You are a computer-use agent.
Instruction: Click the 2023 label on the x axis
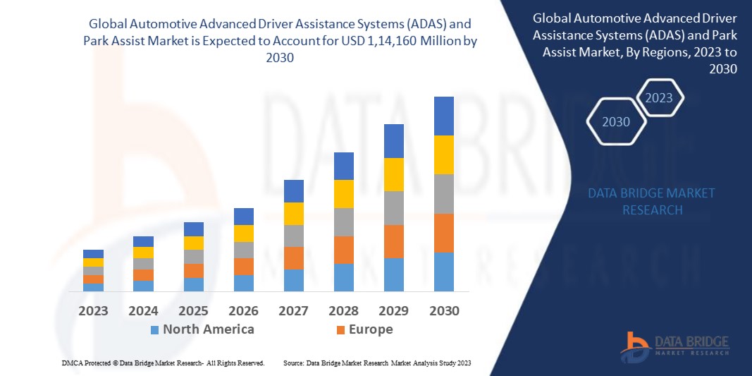(x=93, y=310)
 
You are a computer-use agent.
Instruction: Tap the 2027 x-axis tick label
(x=293, y=310)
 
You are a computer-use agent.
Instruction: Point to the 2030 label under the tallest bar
(x=443, y=310)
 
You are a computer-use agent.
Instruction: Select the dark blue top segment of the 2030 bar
(x=443, y=116)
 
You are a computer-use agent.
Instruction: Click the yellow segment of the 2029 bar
(x=393, y=174)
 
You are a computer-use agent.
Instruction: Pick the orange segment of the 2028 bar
(x=343, y=250)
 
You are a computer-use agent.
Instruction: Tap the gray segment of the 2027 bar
(x=293, y=236)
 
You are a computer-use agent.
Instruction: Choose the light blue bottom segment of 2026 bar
(x=243, y=283)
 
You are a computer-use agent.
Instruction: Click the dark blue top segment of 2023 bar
(x=93, y=254)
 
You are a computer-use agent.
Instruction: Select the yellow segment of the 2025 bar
(x=193, y=243)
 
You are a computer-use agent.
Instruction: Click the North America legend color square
(x=154, y=329)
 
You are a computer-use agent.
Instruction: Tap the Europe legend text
(x=370, y=329)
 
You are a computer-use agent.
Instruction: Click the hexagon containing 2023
(x=659, y=98)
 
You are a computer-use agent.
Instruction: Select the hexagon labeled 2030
(x=616, y=122)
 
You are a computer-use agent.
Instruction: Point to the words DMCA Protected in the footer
(x=85, y=363)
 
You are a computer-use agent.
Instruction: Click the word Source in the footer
(x=292, y=363)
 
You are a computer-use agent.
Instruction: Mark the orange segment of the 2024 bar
(x=143, y=275)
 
